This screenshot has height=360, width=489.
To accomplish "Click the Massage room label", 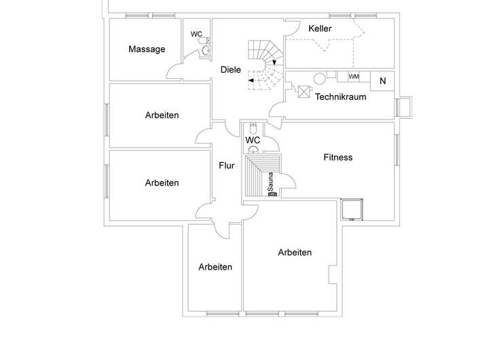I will pyautogui.click(x=147, y=49).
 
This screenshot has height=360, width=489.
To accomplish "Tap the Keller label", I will pyautogui.click(x=319, y=29).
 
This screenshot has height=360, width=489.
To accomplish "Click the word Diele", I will pyautogui.click(x=231, y=69).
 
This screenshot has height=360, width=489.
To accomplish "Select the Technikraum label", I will pyautogui.click(x=341, y=96).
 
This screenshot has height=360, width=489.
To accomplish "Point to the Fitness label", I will pyautogui.click(x=338, y=158).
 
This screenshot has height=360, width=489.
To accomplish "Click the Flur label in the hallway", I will pyautogui.click(x=227, y=165).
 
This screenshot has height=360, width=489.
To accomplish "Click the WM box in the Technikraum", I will pyautogui.click(x=354, y=77).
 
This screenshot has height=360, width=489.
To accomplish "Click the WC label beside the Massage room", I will pyautogui.click(x=196, y=34).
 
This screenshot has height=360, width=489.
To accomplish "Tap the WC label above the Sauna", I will pyautogui.click(x=253, y=141).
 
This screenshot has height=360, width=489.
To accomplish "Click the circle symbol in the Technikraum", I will pyautogui.click(x=320, y=77).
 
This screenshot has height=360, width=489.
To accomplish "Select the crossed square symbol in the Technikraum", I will pyautogui.click(x=304, y=90).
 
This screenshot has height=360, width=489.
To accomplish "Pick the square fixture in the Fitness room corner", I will pyautogui.click(x=352, y=210).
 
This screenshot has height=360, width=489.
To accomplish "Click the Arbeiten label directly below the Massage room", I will pyautogui.click(x=162, y=115).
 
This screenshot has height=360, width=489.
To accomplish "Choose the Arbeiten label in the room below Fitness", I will pyautogui.click(x=295, y=253).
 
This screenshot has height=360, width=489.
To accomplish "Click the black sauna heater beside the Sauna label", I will pyautogui.click(x=273, y=194).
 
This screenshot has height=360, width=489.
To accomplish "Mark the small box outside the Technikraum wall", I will pyautogui.click(x=405, y=107).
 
